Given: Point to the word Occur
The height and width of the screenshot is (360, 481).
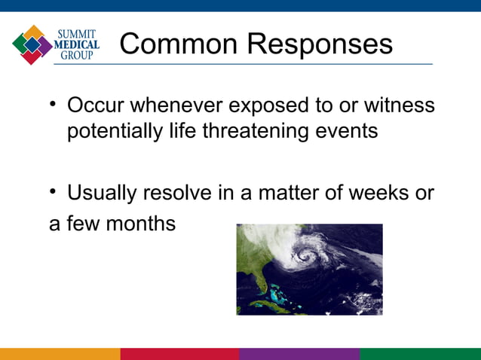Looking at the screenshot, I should pos(97,105).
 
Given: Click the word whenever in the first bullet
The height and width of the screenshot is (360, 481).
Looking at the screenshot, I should pos(176,105).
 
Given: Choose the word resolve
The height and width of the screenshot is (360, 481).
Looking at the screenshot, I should pos(182,193).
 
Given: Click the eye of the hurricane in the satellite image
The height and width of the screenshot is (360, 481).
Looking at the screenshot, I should pos(305,257).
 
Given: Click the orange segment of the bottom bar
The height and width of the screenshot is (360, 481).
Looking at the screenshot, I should pos(60,353).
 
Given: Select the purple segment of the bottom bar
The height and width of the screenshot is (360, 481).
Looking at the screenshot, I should pos(299,353).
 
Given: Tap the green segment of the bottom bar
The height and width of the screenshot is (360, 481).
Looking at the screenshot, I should pos(420,353).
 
